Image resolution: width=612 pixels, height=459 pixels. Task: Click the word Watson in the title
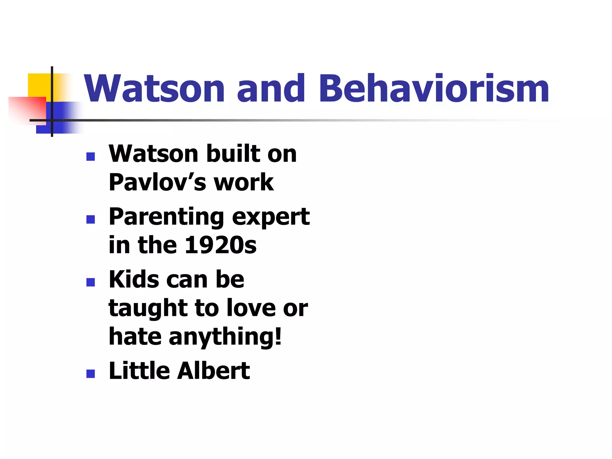pos(154,89)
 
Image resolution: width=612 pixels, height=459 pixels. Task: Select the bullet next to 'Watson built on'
pos(91,157)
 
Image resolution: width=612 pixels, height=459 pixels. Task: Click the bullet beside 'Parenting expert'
pos(91,219)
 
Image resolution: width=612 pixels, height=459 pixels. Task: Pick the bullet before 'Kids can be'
pos(91,282)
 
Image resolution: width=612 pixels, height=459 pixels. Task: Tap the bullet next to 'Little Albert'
pos(91,374)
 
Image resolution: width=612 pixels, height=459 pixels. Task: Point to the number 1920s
pos(221,245)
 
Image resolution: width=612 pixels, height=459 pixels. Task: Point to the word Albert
pos(213,371)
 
